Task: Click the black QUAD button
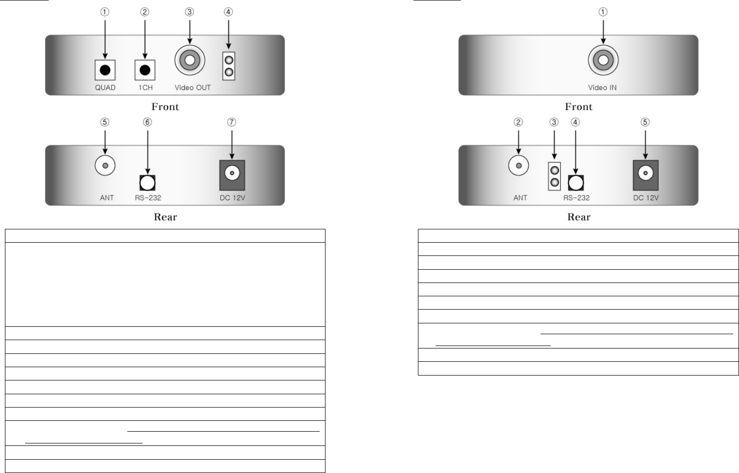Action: tap(105, 70)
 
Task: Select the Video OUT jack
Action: tap(190, 60)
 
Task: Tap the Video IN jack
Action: tap(603, 60)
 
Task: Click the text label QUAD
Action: tap(105, 88)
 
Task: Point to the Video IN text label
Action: tap(602, 88)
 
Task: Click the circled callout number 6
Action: tap(148, 122)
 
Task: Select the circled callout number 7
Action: tap(232, 122)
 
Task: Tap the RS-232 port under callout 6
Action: tap(148, 183)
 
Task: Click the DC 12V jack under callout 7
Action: tap(232, 173)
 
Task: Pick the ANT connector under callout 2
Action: tap(518, 165)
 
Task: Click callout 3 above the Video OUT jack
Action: tap(190, 12)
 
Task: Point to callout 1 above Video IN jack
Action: tap(603, 12)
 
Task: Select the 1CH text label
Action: tap(145, 88)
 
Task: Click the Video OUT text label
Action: tap(192, 88)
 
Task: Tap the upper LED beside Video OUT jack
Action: tap(229, 60)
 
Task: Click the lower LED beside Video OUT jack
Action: tap(229, 72)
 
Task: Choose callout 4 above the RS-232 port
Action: tap(575, 122)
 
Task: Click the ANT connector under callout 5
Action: tap(105, 165)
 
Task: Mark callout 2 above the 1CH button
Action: tap(145, 12)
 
